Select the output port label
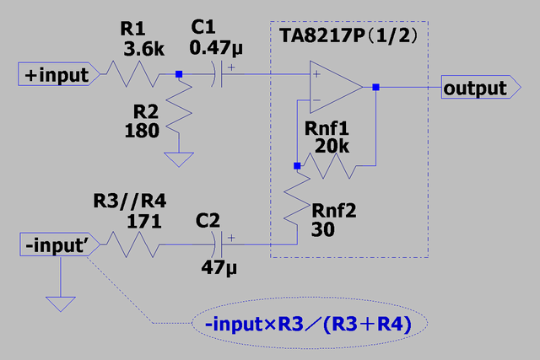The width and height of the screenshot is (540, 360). pyautogui.click(x=475, y=87)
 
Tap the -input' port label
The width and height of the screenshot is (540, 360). pyautogui.click(x=57, y=245)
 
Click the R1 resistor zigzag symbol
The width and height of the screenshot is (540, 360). pyautogui.click(x=130, y=75)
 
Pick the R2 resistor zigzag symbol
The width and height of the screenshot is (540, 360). pyautogui.click(x=179, y=114)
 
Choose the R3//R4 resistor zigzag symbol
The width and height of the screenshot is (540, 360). pyautogui.click(x=130, y=245)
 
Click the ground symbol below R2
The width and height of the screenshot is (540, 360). pyautogui.click(x=179, y=159)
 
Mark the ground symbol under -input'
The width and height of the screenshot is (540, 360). pyautogui.click(x=61, y=302)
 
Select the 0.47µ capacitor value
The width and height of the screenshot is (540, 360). pyautogui.click(x=217, y=49)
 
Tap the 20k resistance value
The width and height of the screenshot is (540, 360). pyautogui.click(x=332, y=147)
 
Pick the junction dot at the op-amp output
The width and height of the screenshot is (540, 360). pyautogui.click(x=376, y=87)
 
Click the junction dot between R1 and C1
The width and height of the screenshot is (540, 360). pyautogui.click(x=179, y=75)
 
